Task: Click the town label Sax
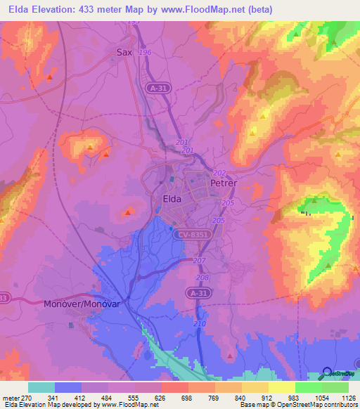click(x=124, y=51)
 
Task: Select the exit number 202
click(x=219, y=173)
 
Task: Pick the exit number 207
click(x=199, y=261)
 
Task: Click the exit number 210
click(x=200, y=323)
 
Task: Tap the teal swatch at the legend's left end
click(x=41, y=387)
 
